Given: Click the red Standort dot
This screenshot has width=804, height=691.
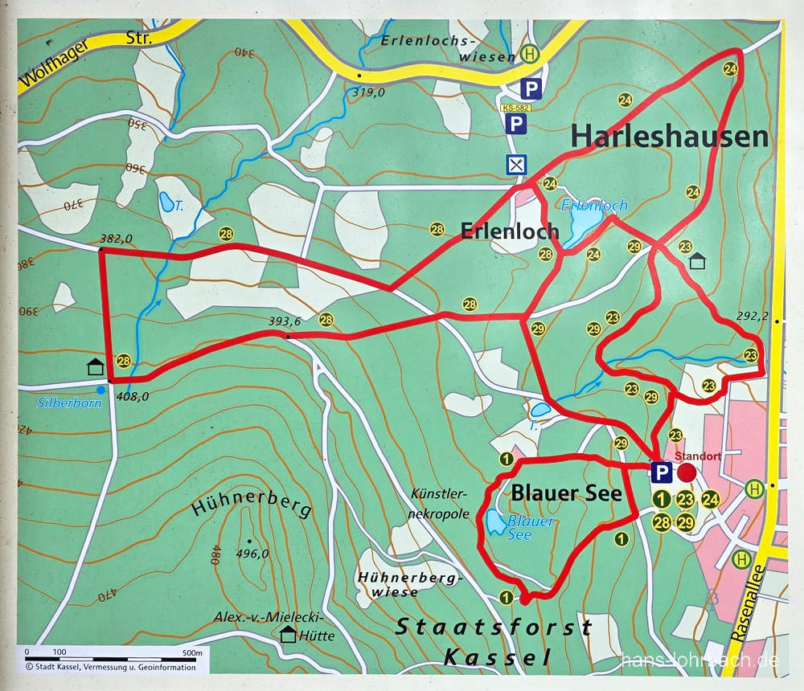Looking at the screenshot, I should [685, 472].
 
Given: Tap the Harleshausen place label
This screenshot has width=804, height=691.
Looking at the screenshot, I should [669, 137].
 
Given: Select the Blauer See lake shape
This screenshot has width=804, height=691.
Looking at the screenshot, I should [495, 524].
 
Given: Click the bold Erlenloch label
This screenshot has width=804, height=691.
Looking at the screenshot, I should [509, 231].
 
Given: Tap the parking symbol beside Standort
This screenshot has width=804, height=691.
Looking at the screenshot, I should [660, 472].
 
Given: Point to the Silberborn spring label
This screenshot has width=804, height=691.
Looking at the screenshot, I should [69, 403].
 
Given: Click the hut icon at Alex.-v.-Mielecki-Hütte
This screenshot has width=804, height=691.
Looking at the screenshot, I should [288, 635].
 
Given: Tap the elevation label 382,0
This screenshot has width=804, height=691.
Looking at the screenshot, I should [116, 239].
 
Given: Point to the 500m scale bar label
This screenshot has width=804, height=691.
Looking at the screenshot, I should [192, 652].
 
